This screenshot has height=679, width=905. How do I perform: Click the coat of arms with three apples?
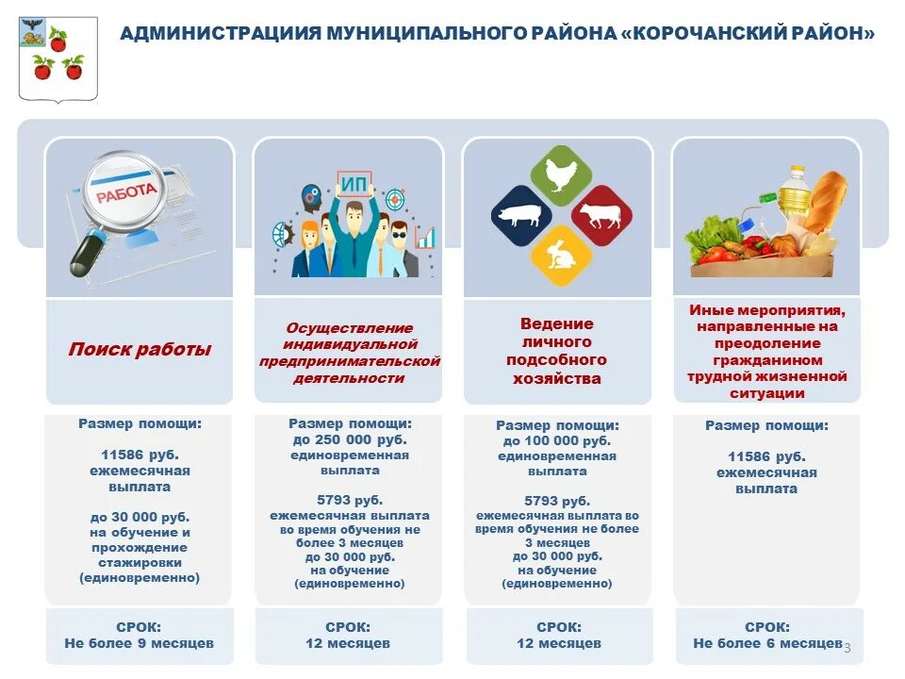click(58, 57)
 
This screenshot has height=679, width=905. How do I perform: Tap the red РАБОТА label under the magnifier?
click(125, 191)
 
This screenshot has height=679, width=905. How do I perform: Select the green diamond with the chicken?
click(561, 174)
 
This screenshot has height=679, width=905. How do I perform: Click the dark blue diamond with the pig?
click(521, 215)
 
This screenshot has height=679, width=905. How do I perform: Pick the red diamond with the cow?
click(601, 215)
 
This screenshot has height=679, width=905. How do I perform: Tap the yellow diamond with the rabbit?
click(561, 255)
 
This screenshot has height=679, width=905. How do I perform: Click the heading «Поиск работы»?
click(140, 350)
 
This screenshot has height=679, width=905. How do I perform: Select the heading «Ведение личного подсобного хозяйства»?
click(556, 351)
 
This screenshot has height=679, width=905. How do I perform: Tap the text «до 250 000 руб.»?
click(349, 440)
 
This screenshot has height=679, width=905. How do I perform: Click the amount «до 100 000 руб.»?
click(556, 441)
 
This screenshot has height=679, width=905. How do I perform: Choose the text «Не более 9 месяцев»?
click(140, 643)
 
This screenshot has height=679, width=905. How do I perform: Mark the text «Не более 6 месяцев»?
click(767, 643)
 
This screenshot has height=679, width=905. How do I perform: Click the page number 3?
click(847, 647)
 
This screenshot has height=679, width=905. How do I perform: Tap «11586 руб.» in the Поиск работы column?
click(140, 455)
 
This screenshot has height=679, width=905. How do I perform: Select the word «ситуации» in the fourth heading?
click(766, 392)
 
